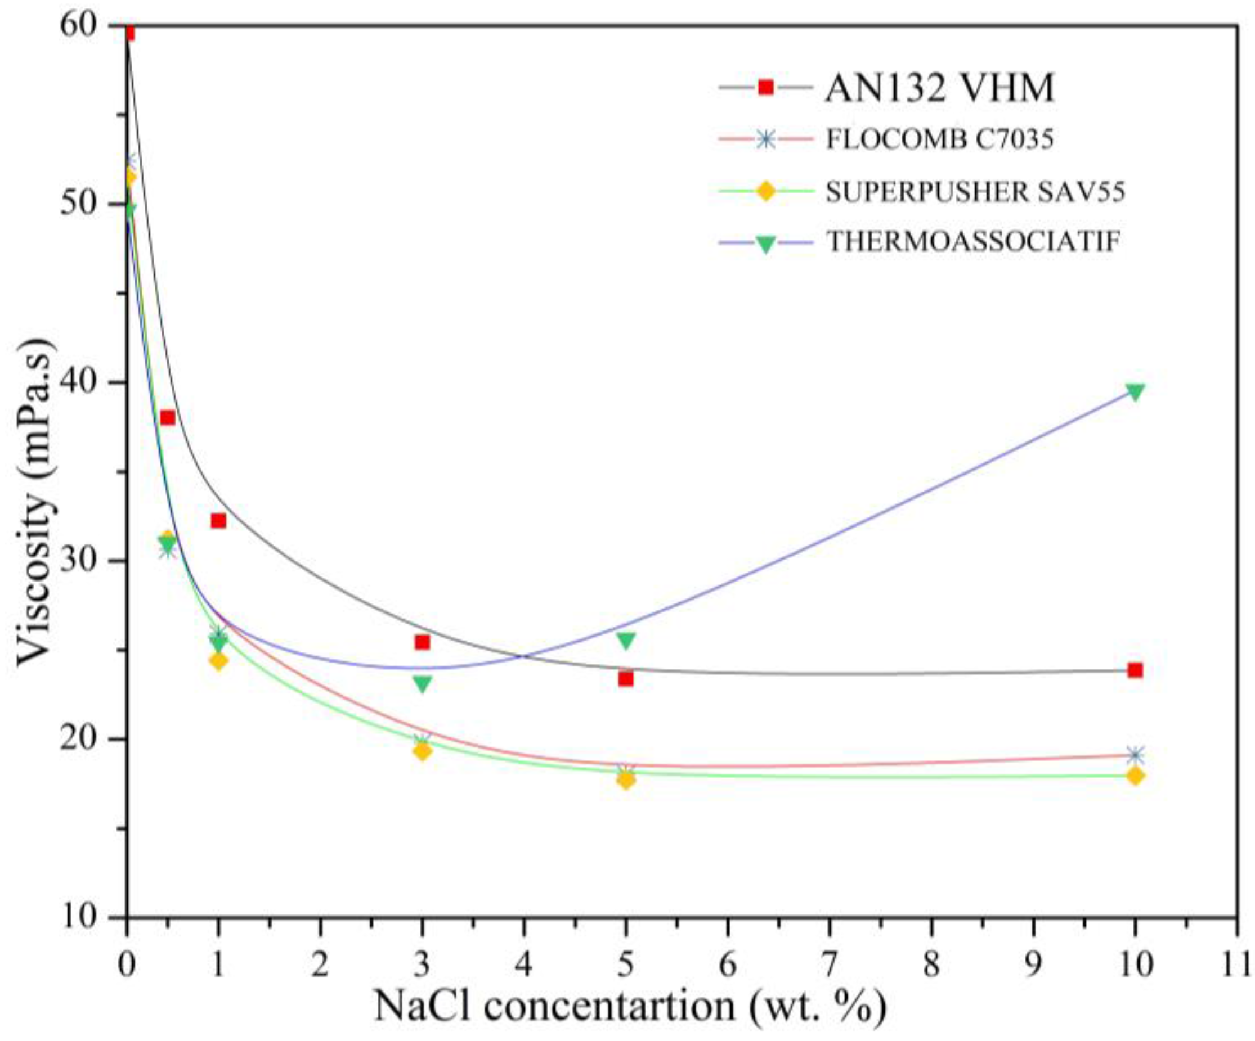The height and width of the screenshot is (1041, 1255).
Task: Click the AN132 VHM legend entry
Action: (x=939, y=88)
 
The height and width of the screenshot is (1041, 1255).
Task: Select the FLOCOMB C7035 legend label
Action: (x=939, y=139)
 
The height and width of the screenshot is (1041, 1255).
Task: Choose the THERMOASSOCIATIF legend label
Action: (x=973, y=242)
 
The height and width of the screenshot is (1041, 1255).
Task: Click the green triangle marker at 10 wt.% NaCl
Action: (x=1135, y=392)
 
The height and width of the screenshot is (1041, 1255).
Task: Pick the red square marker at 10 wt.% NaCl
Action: (x=1135, y=670)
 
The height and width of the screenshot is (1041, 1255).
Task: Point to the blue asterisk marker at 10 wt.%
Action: (x=1135, y=755)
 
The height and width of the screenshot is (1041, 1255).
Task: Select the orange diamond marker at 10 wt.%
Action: (x=1135, y=776)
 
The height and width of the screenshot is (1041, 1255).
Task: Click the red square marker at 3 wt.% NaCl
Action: (x=423, y=642)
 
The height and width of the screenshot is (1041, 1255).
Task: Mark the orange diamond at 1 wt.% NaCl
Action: (x=218, y=661)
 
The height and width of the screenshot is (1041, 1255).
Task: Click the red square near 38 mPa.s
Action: (x=167, y=417)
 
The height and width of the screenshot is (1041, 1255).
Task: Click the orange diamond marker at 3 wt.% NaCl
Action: (x=423, y=751)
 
